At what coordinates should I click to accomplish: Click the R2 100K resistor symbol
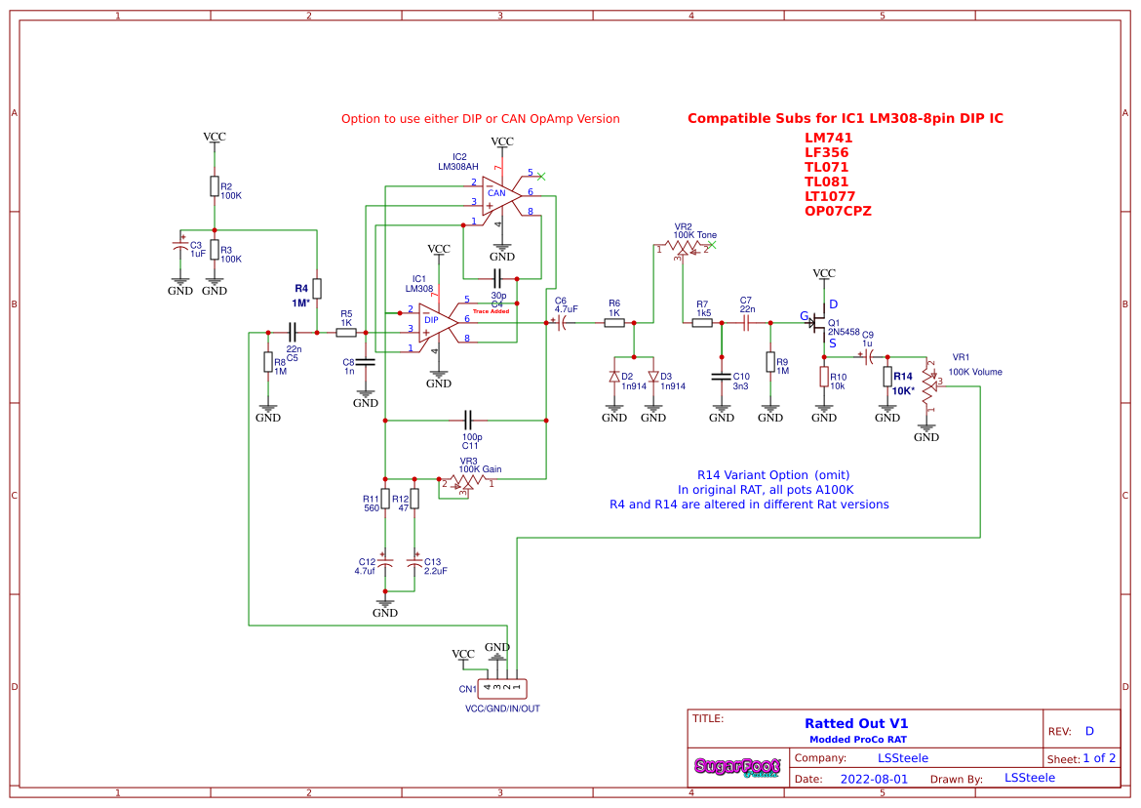tap(214, 186)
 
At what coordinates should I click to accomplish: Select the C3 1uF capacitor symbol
tap(180, 247)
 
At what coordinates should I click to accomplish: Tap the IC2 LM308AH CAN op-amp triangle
tap(499, 194)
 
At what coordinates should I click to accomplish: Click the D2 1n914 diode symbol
tap(614, 377)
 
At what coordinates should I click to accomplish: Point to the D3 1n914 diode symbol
tap(653, 377)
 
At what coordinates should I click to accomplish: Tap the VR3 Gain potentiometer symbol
tap(466, 482)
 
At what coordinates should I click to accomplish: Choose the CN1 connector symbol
tap(502, 688)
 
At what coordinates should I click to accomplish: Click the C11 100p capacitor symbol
tap(468, 421)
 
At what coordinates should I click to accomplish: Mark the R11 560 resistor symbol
tap(385, 499)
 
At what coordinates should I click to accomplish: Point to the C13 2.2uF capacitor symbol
tap(414, 564)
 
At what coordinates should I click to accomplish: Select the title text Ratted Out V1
tap(856, 723)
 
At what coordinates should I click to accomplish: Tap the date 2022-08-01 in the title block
tap(874, 779)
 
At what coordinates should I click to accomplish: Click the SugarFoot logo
tap(737, 767)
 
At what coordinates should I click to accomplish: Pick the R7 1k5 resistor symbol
tap(703, 321)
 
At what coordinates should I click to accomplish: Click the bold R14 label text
tap(903, 377)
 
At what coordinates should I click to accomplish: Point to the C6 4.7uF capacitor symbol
tap(563, 321)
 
